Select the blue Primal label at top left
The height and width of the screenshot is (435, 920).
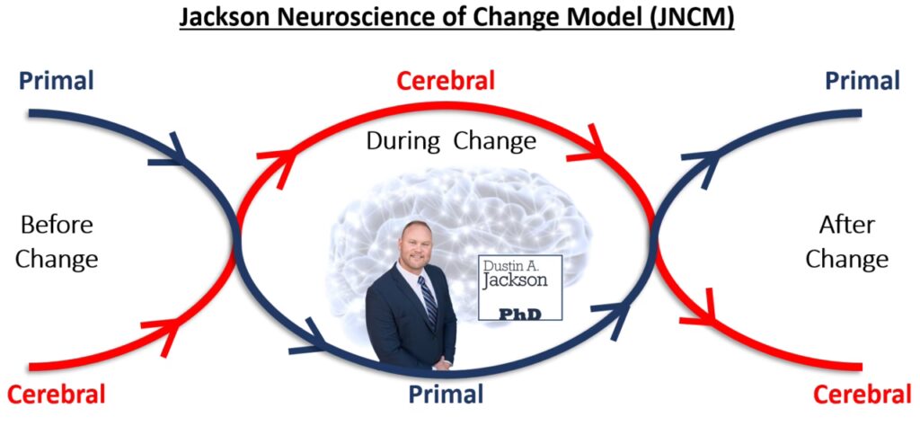(x=56, y=81)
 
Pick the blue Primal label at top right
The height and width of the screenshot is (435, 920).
(x=862, y=81)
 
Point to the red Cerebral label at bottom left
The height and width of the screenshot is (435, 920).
(x=57, y=394)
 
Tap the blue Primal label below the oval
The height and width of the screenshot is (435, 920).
(x=447, y=394)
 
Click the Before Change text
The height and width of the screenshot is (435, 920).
(x=57, y=242)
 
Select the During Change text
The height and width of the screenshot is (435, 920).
(x=452, y=141)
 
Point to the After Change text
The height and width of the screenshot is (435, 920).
(x=846, y=242)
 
